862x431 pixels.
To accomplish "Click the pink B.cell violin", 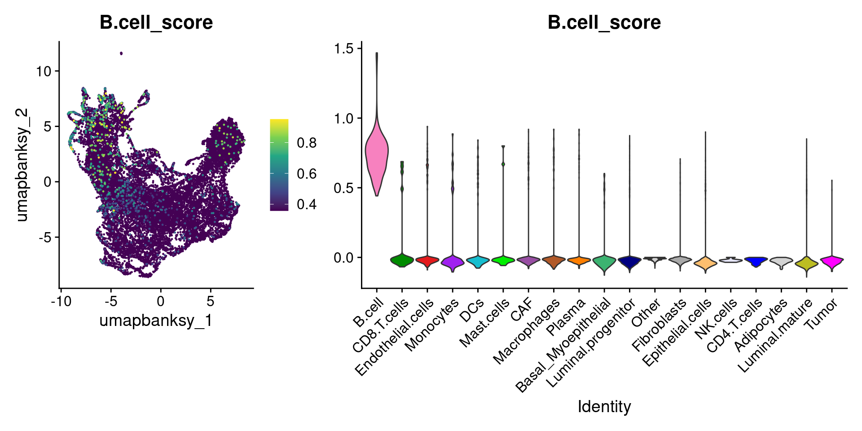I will click(377, 153).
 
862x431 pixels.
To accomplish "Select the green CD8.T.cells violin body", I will click(402, 260).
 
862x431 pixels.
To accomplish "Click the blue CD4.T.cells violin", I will click(756, 260).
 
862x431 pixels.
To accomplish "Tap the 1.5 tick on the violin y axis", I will click(344, 48).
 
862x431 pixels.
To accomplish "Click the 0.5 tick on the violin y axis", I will click(344, 188).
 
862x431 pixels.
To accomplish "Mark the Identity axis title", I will click(604, 407).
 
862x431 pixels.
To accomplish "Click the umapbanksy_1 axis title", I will click(156, 321).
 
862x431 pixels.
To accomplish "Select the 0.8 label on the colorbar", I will click(307, 143).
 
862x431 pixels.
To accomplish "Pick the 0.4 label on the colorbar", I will click(307, 205).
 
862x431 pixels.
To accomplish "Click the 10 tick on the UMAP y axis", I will click(44, 71).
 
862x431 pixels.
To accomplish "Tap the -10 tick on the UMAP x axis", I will click(61, 301).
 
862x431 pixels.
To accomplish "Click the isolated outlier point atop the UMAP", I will click(121, 53).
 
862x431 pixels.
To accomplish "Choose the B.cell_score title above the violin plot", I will click(604, 22).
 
